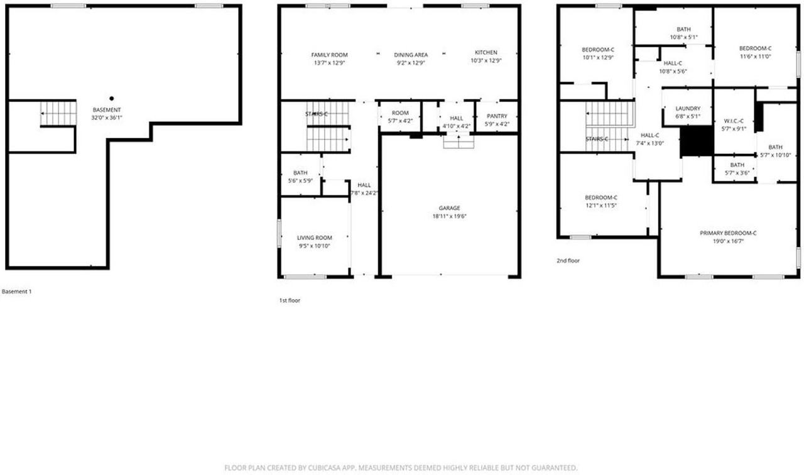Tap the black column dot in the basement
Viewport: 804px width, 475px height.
(x=112, y=98)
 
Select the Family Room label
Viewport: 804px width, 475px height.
(x=329, y=55)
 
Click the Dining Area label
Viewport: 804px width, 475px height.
(x=411, y=55)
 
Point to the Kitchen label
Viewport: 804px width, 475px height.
(x=486, y=52)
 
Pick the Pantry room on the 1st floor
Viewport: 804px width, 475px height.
(x=496, y=116)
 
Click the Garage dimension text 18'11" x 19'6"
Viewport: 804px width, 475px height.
(x=449, y=216)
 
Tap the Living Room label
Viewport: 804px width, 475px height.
(x=314, y=237)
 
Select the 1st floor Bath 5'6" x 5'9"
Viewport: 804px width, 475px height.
(x=300, y=173)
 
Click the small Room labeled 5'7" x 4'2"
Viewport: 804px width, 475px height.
(x=400, y=114)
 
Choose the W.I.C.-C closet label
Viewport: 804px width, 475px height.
(x=733, y=121)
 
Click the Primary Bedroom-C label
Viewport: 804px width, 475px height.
(x=728, y=233)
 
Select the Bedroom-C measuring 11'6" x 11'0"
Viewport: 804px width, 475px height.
(x=754, y=49)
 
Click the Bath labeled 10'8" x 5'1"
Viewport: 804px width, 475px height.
(x=683, y=30)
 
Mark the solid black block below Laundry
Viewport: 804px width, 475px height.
(x=697, y=141)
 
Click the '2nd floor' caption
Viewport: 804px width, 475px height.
(x=569, y=259)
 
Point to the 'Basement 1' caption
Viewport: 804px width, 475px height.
(x=17, y=292)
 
